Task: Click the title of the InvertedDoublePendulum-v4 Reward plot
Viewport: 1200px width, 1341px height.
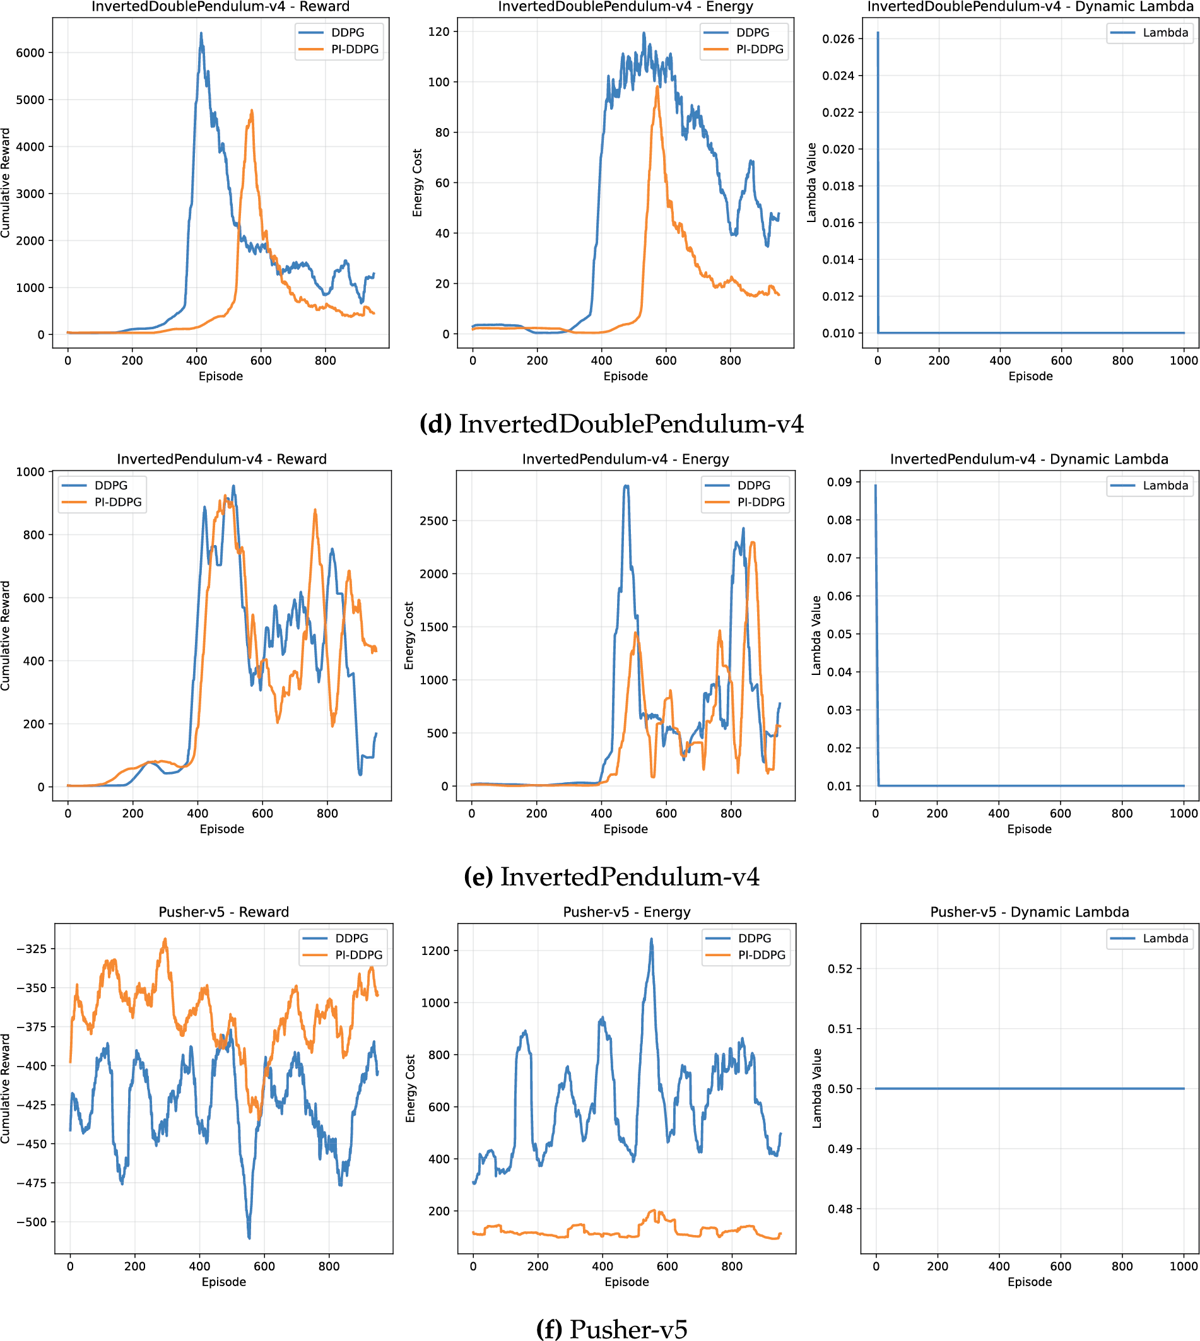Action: pyautogui.click(x=220, y=6)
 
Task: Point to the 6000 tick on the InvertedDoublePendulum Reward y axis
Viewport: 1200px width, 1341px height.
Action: pyautogui.click(x=30, y=53)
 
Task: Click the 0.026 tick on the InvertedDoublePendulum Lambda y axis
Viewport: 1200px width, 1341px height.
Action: pyautogui.click(x=838, y=39)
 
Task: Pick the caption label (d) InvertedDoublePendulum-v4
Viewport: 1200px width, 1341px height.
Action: pyautogui.click(x=611, y=423)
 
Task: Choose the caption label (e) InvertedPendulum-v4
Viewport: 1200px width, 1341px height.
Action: pyautogui.click(x=611, y=876)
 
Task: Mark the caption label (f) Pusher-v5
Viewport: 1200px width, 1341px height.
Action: pyautogui.click(x=611, y=1328)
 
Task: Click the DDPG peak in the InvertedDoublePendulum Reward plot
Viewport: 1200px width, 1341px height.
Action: pyautogui.click(x=201, y=33)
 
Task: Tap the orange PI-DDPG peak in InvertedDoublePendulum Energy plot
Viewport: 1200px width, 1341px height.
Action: pyautogui.click(x=657, y=86)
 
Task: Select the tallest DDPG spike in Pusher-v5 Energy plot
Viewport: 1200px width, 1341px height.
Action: pyautogui.click(x=652, y=939)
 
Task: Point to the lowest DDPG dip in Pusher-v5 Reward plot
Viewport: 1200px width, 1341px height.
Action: pyautogui.click(x=249, y=1238)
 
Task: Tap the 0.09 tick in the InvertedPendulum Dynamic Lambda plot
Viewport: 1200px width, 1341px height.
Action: pyautogui.click(x=839, y=482)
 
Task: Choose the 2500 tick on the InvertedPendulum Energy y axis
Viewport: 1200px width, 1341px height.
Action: pyautogui.click(x=433, y=521)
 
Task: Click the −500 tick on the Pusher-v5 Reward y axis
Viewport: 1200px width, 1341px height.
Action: pyautogui.click(x=30, y=1222)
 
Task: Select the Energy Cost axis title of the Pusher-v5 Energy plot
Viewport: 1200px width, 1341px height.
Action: pyautogui.click(x=411, y=1089)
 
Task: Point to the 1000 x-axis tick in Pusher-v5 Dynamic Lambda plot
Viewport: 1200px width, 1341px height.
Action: pyautogui.click(x=1184, y=1266)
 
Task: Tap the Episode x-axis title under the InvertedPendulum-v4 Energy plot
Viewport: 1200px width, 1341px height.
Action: pyautogui.click(x=625, y=829)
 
